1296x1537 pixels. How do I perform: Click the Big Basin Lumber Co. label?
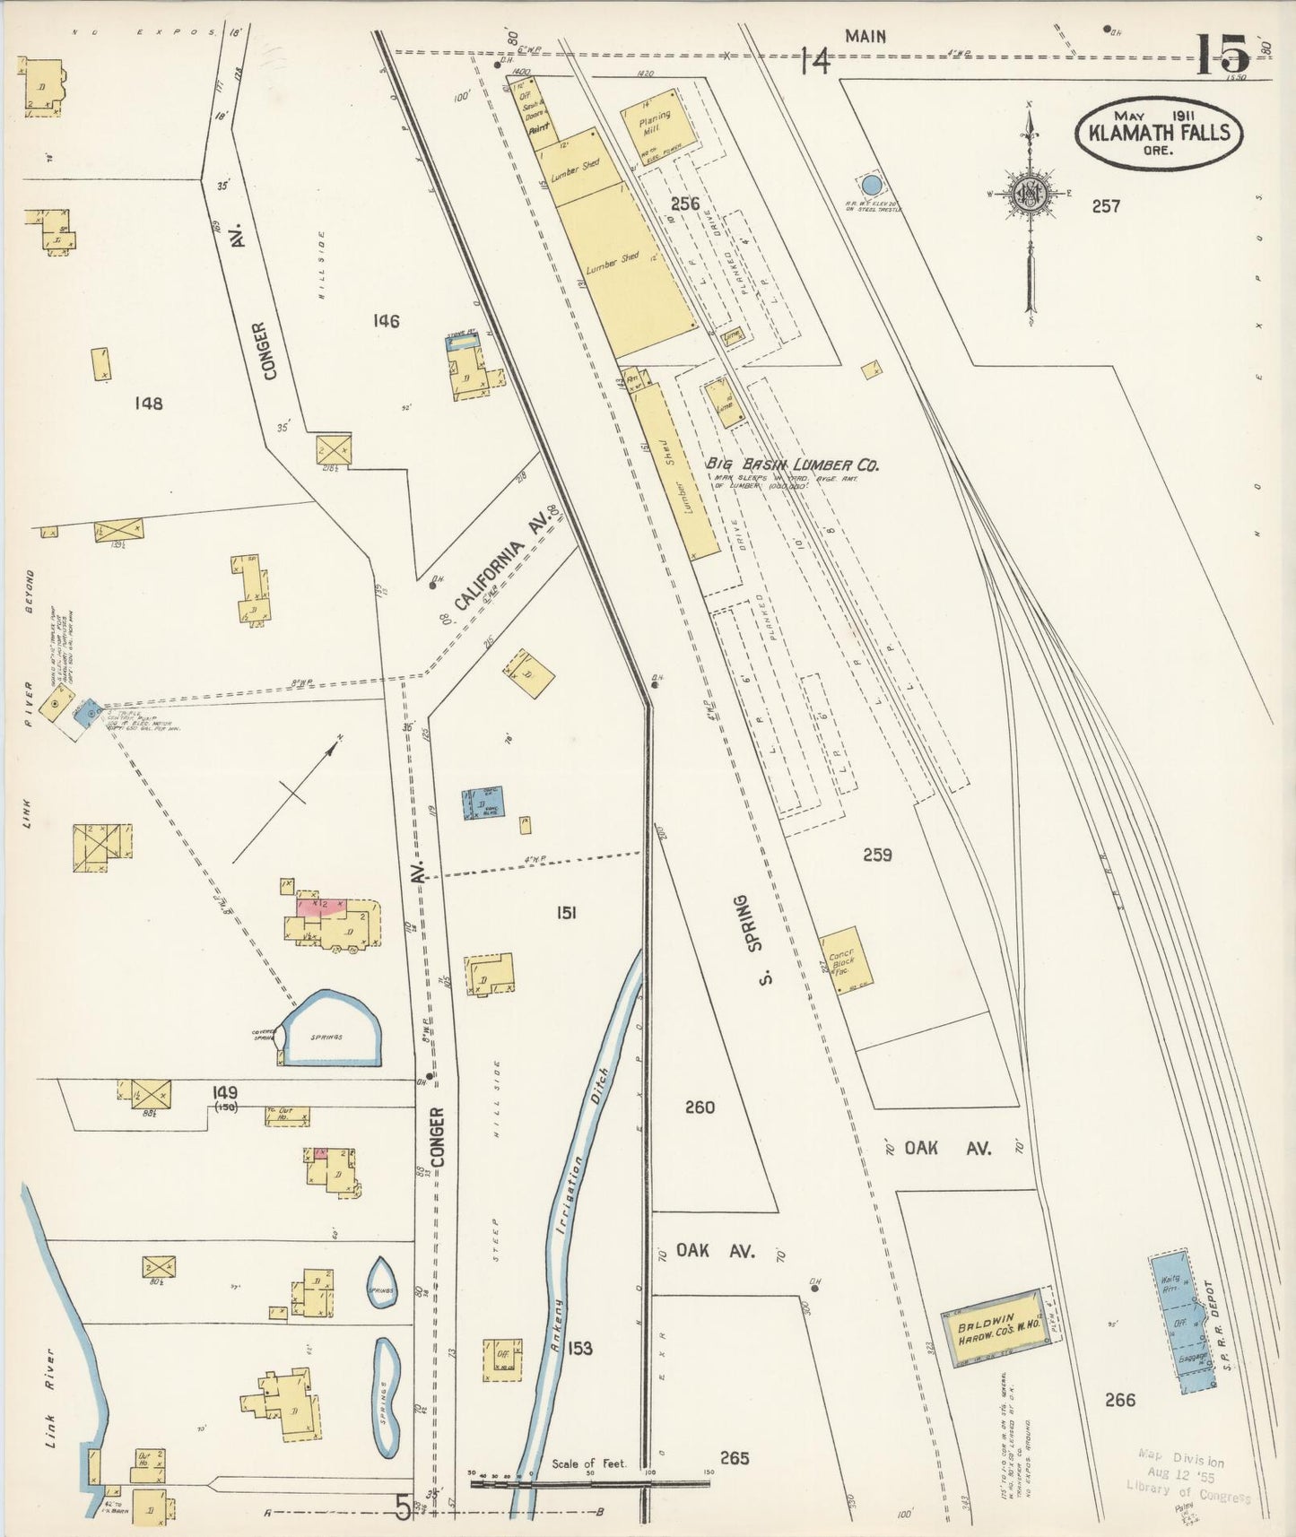click(792, 465)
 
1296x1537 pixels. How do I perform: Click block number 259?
click(876, 855)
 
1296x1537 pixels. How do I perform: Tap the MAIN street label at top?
click(865, 37)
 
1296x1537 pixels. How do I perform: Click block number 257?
click(1106, 206)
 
